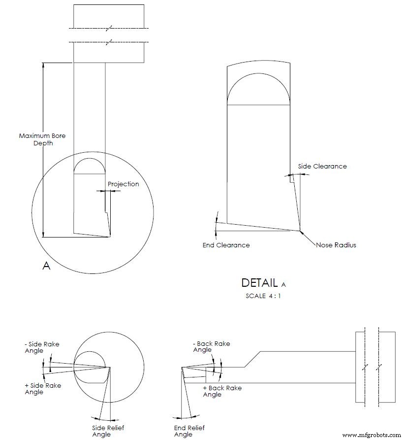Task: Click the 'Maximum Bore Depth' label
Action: click(x=42, y=139)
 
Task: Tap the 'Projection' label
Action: click(x=123, y=184)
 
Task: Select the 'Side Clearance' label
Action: click(x=322, y=166)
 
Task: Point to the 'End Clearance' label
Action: click(x=226, y=245)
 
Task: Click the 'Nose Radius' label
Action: click(x=336, y=245)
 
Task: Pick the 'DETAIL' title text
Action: click(x=259, y=283)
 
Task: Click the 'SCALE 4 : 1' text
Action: click(x=263, y=296)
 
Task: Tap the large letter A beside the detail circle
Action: click(x=47, y=266)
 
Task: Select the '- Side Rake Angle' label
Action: click(x=42, y=347)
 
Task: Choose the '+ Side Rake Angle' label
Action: click(x=43, y=388)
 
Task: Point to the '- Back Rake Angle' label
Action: click(x=211, y=346)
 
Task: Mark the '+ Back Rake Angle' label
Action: click(x=222, y=391)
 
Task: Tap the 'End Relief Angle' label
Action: click(x=189, y=431)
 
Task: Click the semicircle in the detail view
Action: click(x=258, y=89)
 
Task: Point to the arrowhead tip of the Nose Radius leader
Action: click(x=301, y=231)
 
